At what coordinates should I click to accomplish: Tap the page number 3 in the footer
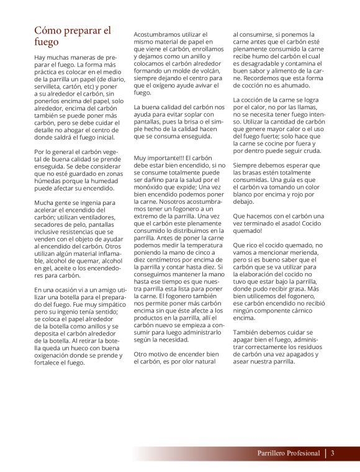(x=333, y=453)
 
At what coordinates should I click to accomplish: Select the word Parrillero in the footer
(x=272, y=453)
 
